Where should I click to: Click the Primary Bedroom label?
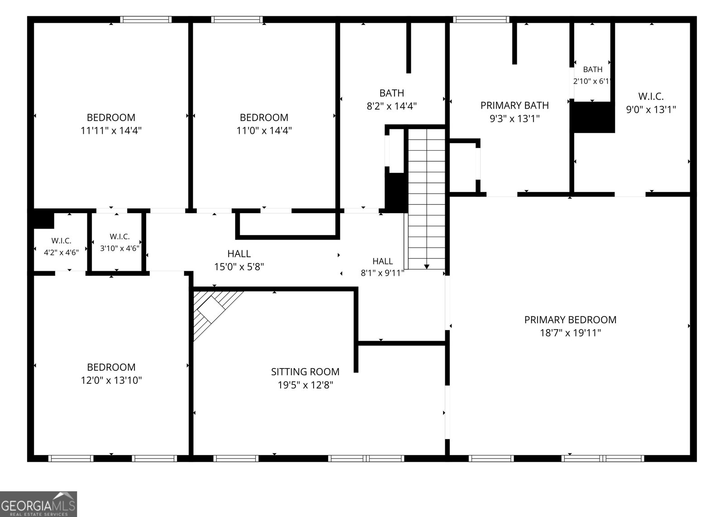tap(570, 320)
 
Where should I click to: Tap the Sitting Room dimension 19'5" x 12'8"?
tap(305, 385)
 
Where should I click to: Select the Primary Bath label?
tap(514, 105)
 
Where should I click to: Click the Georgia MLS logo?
tap(38, 504)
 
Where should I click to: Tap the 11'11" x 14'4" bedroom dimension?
tap(111, 131)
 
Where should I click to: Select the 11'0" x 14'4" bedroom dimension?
tap(264, 131)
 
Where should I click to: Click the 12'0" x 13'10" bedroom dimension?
tap(111, 380)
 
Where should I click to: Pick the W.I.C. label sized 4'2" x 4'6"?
tap(62, 241)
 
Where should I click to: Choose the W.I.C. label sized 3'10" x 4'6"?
tap(119, 237)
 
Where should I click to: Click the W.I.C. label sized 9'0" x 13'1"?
tap(651, 96)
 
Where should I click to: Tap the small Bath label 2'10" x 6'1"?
tap(593, 70)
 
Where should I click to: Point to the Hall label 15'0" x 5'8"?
tap(239, 254)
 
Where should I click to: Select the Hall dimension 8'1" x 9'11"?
tap(382, 273)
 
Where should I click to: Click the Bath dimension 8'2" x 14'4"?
tap(392, 106)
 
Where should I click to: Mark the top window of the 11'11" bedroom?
tap(146, 19)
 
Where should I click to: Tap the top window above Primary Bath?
tap(481, 19)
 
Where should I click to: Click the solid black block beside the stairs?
tap(395, 193)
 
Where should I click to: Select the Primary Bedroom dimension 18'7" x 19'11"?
tap(571, 333)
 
